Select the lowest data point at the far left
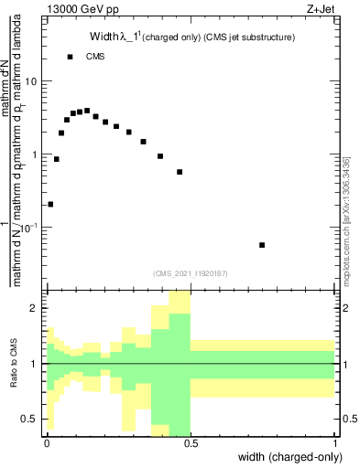(x=50, y=204)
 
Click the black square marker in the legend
(x=70, y=57)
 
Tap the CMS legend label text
(x=95, y=57)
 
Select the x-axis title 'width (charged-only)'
(x=287, y=457)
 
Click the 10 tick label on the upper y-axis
(x=31, y=81)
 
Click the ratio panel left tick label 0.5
(x=31, y=419)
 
